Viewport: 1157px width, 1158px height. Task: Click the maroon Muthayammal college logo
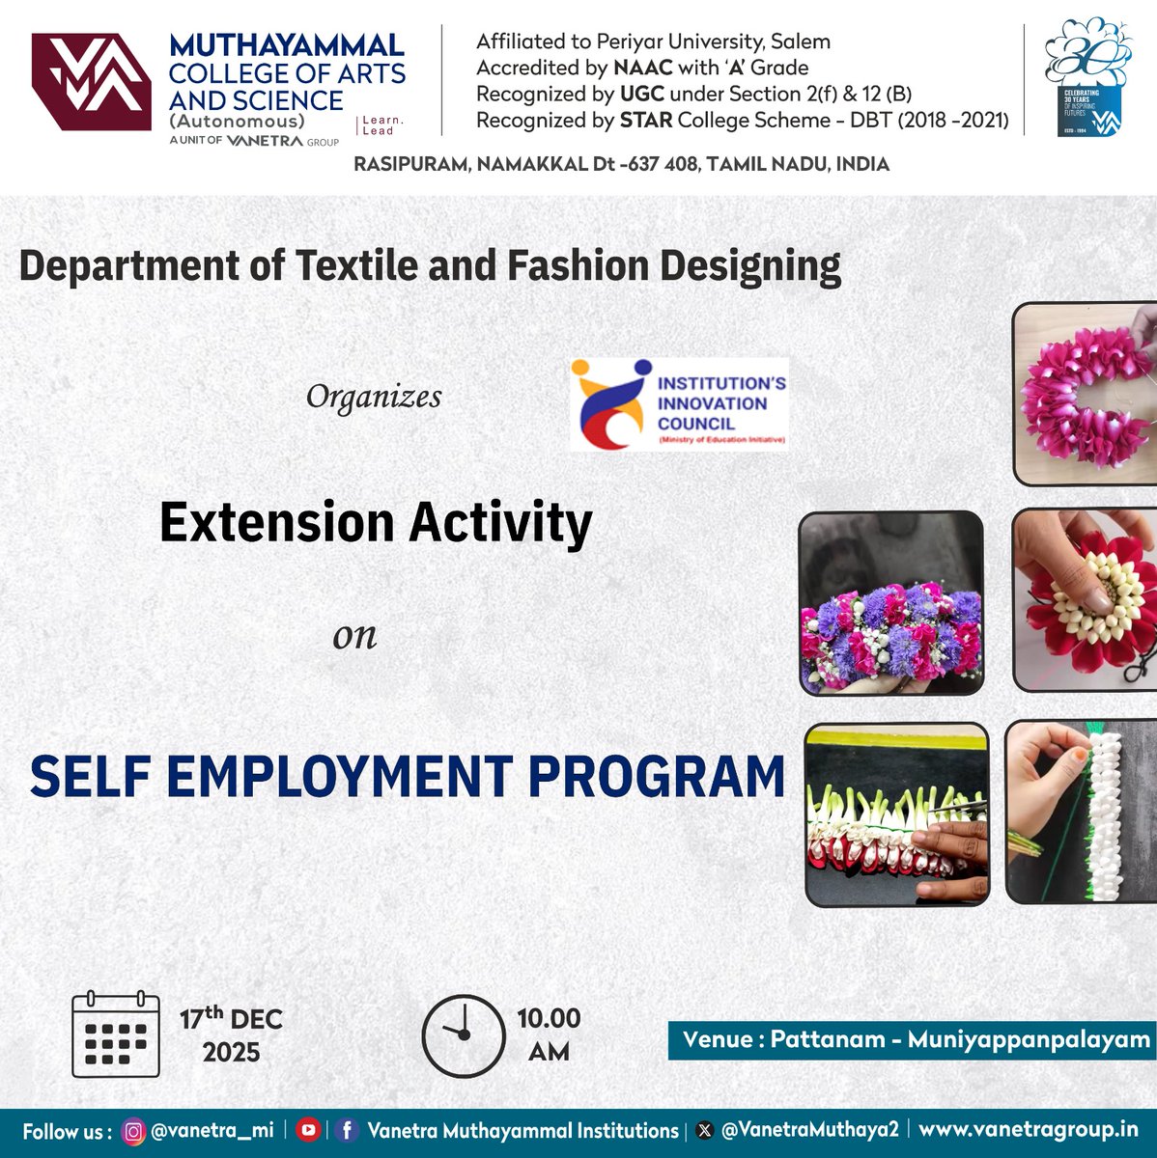[x=91, y=82]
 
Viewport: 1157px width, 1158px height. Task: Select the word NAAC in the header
[x=642, y=68]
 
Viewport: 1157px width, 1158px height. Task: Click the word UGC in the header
[x=613, y=94]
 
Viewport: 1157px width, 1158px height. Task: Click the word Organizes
[x=374, y=397]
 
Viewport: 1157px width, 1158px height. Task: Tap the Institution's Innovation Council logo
[x=679, y=403]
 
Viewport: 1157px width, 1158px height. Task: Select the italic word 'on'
[x=354, y=636]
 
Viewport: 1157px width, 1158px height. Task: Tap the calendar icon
[x=116, y=1034]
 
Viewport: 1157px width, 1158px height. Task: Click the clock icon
[x=464, y=1035]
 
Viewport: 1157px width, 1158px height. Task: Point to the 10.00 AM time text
[x=549, y=1034]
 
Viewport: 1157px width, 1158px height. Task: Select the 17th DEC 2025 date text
[x=231, y=1034]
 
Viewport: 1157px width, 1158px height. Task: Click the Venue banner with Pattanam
[x=912, y=1039]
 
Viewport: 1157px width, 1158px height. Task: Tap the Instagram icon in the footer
[x=133, y=1130]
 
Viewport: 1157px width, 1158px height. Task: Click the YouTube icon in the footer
[x=308, y=1130]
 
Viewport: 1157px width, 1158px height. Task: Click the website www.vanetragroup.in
[x=1028, y=1129]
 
